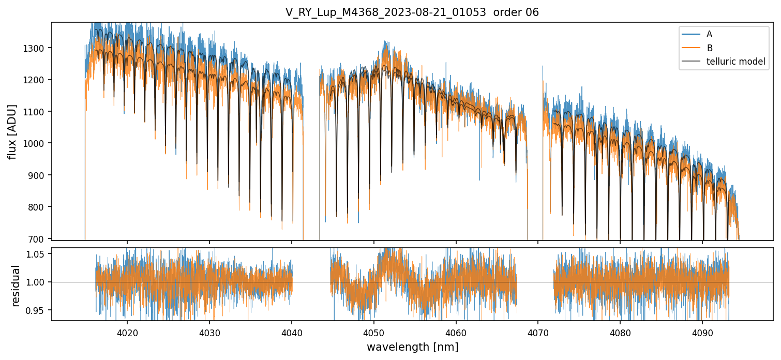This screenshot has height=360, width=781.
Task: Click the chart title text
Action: click(412, 12)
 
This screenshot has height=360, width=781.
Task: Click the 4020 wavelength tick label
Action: click(127, 332)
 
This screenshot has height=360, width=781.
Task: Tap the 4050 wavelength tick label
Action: click(373, 332)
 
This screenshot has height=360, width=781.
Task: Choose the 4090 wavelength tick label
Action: click(702, 332)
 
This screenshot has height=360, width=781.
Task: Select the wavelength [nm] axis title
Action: click(412, 347)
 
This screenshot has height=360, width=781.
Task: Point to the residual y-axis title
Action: click(16, 286)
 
